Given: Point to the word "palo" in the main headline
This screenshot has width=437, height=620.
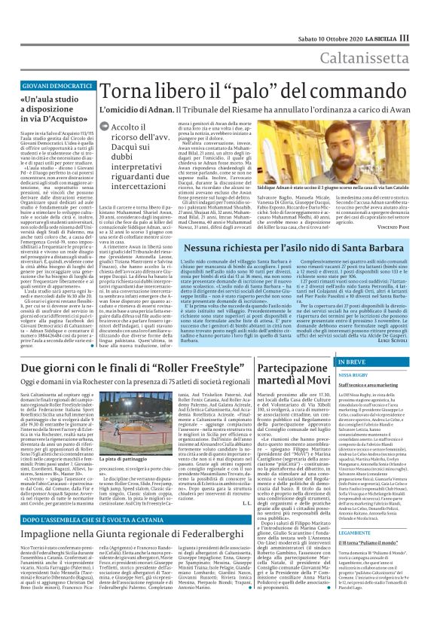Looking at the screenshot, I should click(x=231, y=92).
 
